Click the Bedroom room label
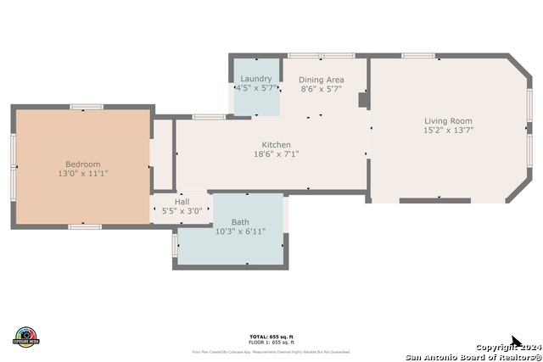[83, 164]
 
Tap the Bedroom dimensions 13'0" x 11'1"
[83, 174]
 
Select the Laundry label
[255, 79]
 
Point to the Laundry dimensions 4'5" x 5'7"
[255, 88]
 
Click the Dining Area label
[322, 79]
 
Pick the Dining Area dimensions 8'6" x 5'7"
[322, 88]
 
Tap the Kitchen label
[276, 145]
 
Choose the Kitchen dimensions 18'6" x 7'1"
[276, 154]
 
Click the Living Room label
[448, 121]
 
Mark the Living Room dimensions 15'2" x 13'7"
[448, 131]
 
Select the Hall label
[182, 202]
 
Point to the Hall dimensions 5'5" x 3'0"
[182, 211]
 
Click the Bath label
[240, 222]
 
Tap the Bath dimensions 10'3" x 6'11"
[240, 231]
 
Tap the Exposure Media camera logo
[25, 337]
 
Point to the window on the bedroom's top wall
[86, 106]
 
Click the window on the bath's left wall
[176, 243]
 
